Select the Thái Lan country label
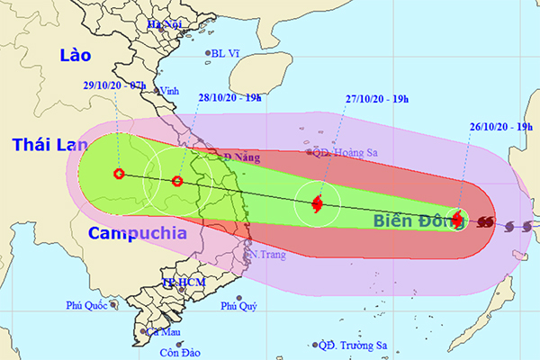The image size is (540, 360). click(x=44, y=143)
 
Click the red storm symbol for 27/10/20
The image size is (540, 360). click(x=317, y=205)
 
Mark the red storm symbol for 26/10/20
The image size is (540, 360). click(x=457, y=218)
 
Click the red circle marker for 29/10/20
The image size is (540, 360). click(x=119, y=174)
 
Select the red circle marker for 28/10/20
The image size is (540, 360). click(x=177, y=182)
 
